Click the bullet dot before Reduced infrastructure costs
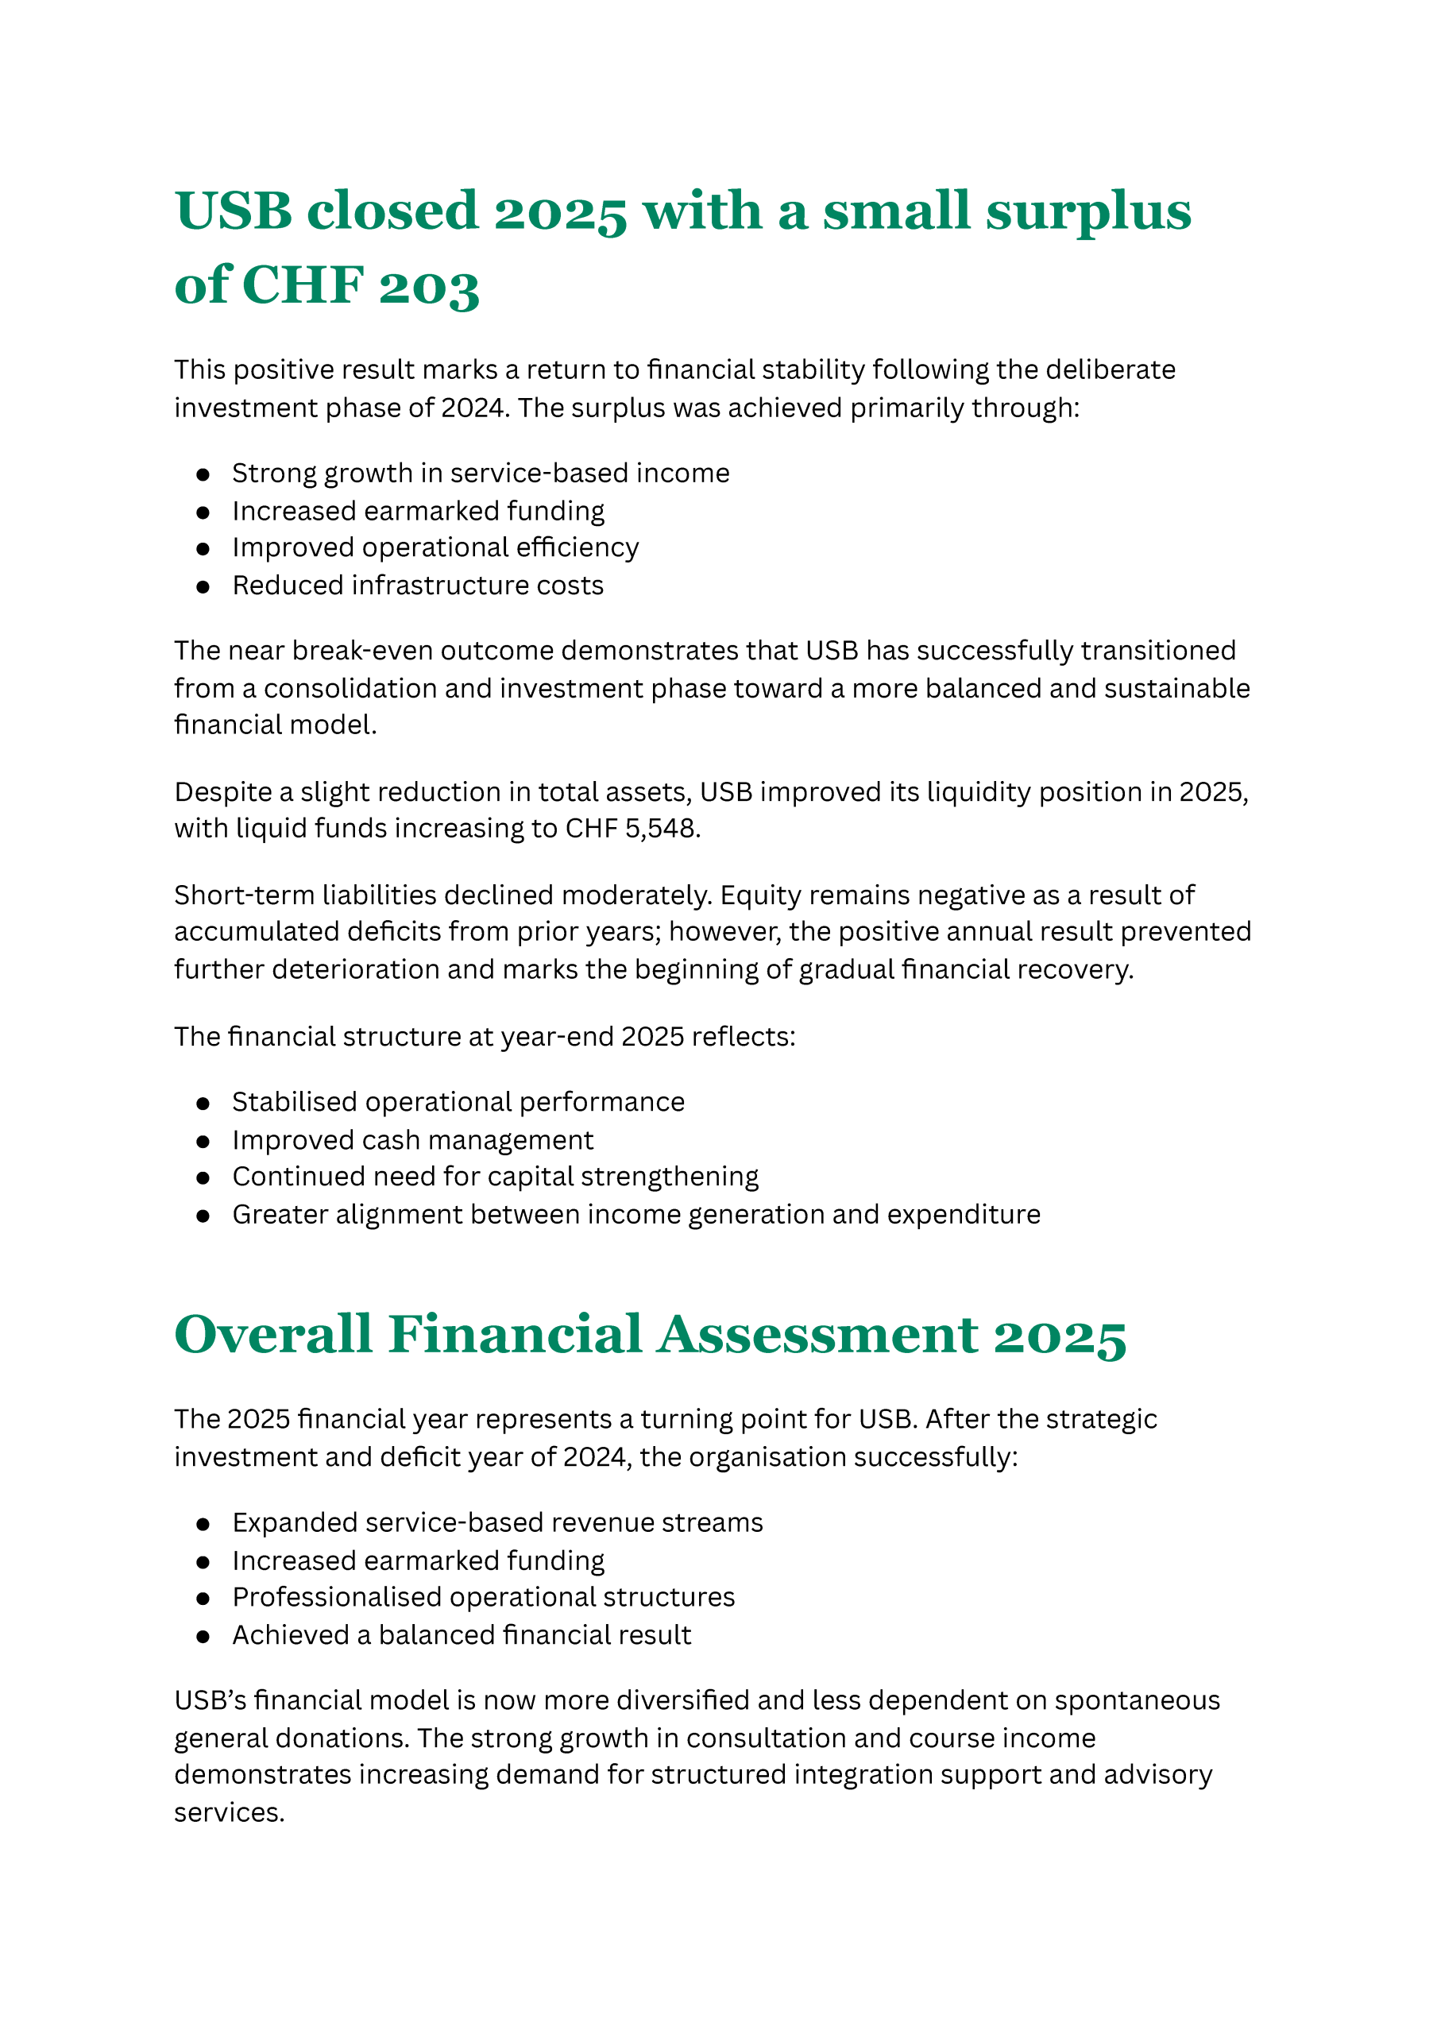click(203, 586)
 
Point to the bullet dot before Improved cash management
click(203, 1141)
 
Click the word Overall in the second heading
click(273, 1335)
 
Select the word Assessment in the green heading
click(817, 1335)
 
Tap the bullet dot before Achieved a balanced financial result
click(203, 1636)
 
